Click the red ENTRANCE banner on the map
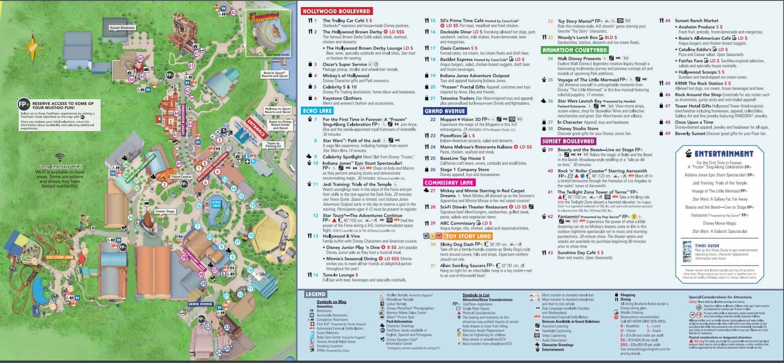(256, 128)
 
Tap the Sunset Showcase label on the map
(122, 28)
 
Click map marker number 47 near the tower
(197, 53)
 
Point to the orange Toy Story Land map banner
(60, 257)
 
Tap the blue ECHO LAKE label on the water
(216, 204)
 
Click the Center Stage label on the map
(165, 211)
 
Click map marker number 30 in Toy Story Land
(34, 261)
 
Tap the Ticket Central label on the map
(181, 177)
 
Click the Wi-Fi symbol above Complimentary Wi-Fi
(60, 158)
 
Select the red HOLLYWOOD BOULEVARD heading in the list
(336, 11)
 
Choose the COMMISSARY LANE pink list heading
(449, 183)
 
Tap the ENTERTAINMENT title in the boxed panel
(724, 153)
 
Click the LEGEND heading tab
(315, 294)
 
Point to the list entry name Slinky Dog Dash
(456, 244)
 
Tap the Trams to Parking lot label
(273, 145)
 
